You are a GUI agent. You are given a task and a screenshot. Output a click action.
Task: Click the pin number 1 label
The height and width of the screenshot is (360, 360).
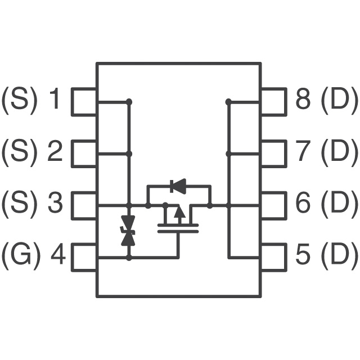[x=55, y=98]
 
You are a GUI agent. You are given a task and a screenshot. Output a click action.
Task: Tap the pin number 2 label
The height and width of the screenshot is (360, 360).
[x=55, y=151]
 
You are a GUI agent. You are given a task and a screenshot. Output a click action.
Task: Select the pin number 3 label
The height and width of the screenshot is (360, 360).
[x=55, y=202]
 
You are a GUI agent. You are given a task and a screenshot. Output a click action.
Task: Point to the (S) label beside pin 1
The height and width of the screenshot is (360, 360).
[x=19, y=100]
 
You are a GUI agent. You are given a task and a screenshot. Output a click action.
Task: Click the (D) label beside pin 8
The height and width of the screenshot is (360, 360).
[x=340, y=100]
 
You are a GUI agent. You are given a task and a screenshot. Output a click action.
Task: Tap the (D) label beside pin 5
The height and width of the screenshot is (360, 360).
[x=340, y=255]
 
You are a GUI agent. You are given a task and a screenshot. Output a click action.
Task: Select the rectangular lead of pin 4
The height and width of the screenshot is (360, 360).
[x=84, y=258]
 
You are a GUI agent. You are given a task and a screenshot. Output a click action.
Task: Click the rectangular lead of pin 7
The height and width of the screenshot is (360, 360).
[x=274, y=154]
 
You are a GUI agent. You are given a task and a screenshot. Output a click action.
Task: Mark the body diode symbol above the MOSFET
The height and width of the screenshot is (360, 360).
[x=178, y=186]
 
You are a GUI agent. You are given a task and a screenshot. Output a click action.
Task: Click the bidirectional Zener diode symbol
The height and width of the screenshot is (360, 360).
[x=128, y=231]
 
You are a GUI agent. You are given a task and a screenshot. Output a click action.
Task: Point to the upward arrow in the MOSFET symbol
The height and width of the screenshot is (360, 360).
[x=179, y=215]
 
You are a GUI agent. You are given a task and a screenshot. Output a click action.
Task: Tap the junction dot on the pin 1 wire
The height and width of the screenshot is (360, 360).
[x=129, y=101]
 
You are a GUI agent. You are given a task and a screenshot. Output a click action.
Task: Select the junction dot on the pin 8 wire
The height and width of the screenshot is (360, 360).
[x=228, y=101]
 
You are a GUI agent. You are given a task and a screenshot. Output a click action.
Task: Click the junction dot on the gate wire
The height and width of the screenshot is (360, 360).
[x=129, y=258]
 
